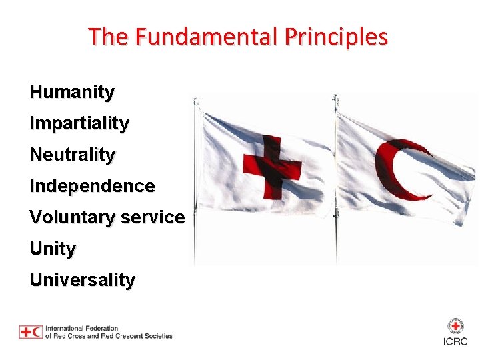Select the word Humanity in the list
point(72,92)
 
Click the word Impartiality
point(79,123)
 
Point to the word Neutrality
point(72,155)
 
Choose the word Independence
point(92,186)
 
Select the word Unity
point(53,249)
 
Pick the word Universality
point(82,280)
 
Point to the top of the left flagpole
point(195,100)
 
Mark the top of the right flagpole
point(335,97)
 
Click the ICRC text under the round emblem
point(455,341)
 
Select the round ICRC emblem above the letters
point(455,326)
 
